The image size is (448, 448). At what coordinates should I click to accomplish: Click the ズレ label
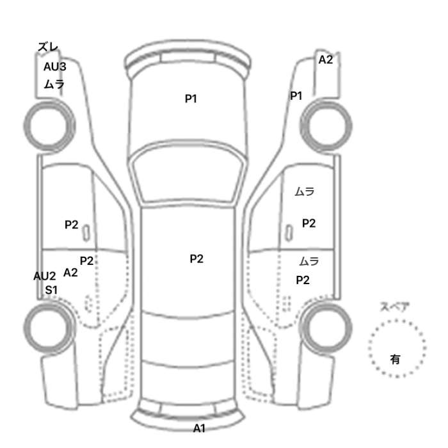48,47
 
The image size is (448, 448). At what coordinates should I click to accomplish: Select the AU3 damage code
54,66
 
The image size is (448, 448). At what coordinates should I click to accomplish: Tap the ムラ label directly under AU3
54,84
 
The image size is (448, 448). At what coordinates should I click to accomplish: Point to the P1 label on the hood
191,99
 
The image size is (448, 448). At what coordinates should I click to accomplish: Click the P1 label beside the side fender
296,96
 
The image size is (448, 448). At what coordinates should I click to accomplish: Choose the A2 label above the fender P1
326,60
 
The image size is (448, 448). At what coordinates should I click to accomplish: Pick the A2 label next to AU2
71,273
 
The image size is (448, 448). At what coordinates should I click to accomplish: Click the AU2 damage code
45,276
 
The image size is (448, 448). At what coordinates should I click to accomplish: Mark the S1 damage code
51,290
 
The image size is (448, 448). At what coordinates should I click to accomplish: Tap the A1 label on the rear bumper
200,428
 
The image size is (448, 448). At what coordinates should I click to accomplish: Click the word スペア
394,307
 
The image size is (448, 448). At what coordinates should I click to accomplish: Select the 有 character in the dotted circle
396,359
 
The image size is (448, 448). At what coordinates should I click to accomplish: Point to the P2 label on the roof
196,259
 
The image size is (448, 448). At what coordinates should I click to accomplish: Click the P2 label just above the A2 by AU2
86,260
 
